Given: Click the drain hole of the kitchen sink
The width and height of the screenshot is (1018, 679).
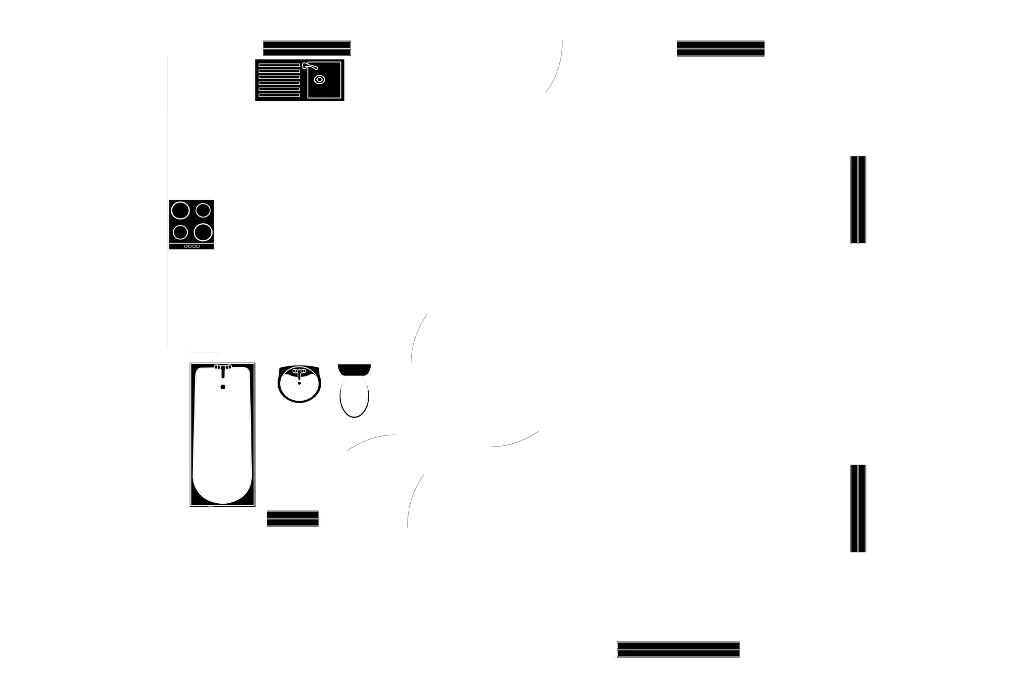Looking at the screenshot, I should pos(319,80).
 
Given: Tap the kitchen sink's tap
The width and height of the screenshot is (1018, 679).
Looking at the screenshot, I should pos(309,66).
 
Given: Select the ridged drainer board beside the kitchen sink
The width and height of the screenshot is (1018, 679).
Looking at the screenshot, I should pos(279,80).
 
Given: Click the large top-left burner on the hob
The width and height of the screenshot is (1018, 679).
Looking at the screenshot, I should pos(180,211).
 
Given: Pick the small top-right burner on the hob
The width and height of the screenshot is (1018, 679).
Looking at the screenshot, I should pos(203,210).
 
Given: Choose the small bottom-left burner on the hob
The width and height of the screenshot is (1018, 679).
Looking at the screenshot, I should pos(180,232).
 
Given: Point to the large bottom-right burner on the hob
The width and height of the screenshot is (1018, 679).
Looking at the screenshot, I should pos(203,232).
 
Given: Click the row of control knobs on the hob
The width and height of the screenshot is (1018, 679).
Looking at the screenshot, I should pos(192,246).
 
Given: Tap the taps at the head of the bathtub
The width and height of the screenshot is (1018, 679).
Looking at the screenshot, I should pos(223,367).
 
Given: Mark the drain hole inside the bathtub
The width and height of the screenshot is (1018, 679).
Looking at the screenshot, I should pos(223,386).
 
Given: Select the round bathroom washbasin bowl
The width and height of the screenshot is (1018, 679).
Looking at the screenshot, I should pos(299,384).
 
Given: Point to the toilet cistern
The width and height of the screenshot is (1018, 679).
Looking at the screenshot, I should pos(354,369).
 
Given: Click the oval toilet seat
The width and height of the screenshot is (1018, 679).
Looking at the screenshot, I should pos(354,397).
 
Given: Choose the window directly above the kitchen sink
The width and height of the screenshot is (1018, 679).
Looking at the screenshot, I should pos(307,49).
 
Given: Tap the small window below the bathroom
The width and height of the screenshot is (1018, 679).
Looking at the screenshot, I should pos(292,519).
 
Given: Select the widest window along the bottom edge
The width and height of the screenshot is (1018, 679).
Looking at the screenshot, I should pos(678,649).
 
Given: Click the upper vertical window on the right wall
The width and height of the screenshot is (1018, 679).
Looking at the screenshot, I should pos(857,200).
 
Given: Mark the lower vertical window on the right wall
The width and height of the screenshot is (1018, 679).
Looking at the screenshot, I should pos(857,508).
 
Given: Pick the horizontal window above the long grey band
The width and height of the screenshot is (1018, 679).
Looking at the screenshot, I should pos(721,49).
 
